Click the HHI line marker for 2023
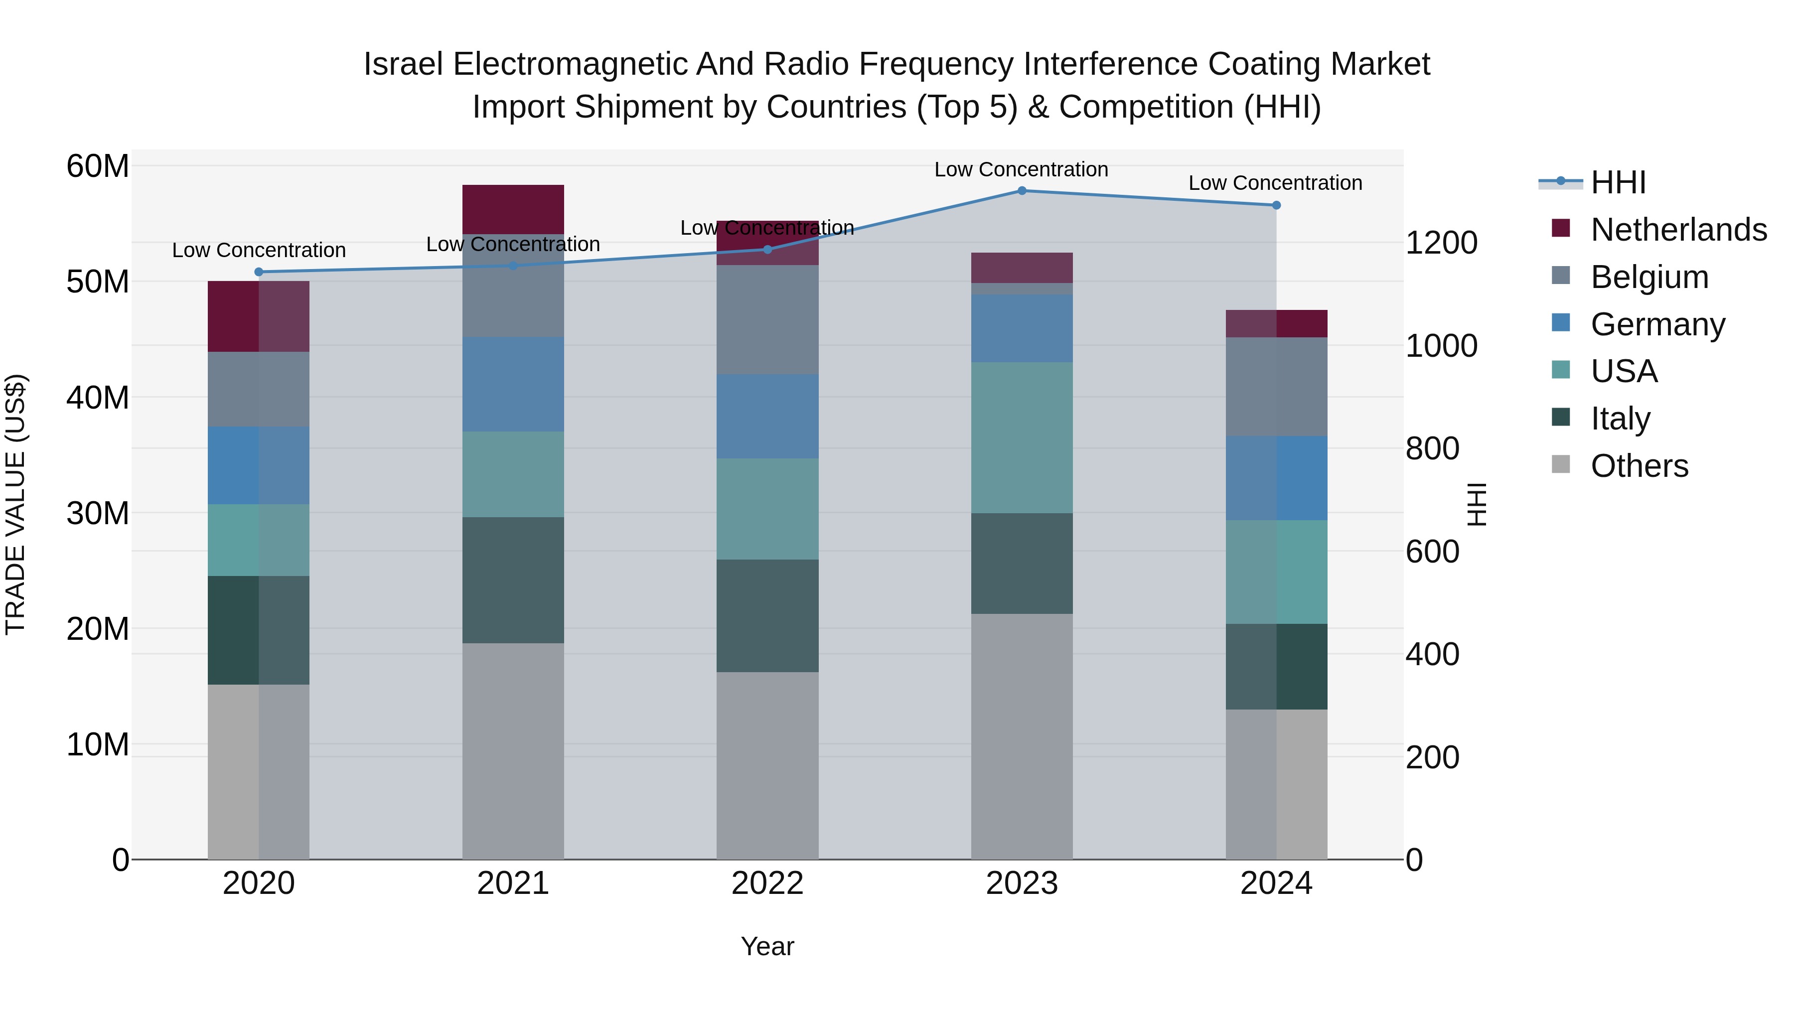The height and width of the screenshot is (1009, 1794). pyautogui.click(x=1022, y=191)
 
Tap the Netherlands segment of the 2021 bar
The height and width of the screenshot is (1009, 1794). pyautogui.click(x=513, y=209)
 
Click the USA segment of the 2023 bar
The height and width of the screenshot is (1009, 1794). pyautogui.click(x=1022, y=437)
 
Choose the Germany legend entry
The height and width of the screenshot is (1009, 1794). pyautogui.click(x=1657, y=324)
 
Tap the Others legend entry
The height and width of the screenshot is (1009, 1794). pyautogui.click(x=1639, y=466)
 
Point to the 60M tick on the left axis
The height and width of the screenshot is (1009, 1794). pyautogui.click(x=98, y=166)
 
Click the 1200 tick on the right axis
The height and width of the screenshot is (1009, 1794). pyautogui.click(x=1441, y=243)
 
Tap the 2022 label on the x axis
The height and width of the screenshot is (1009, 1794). pyautogui.click(x=767, y=883)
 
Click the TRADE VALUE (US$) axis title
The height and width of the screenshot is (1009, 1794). pyautogui.click(x=16, y=504)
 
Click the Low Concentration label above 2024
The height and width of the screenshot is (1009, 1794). pyautogui.click(x=1275, y=183)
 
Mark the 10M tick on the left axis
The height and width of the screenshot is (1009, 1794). pyautogui.click(x=98, y=744)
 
